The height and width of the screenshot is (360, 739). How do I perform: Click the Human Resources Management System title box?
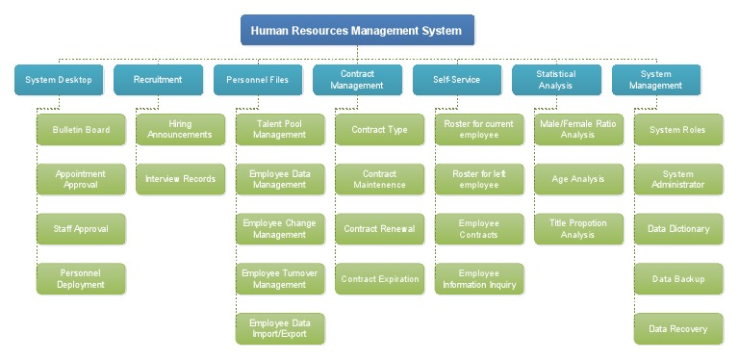[x=357, y=31]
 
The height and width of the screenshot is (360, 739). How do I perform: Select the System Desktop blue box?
[x=58, y=80]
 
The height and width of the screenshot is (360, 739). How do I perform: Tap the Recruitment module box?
[x=158, y=80]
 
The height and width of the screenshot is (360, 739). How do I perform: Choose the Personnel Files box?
[x=257, y=80]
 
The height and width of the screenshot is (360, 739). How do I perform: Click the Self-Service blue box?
[x=456, y=80]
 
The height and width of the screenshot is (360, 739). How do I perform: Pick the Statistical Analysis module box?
[x=556, y=80]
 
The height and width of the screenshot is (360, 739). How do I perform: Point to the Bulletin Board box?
[x=81, y=130]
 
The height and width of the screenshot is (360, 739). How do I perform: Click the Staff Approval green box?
[x=81, y=229]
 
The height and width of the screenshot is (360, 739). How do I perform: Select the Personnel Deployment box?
[x=81, y=279]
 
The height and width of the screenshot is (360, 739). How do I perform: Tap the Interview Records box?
[x=180, y=179]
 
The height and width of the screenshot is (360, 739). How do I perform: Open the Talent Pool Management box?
[x=280, y=130]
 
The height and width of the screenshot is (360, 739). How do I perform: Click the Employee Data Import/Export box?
[x=280, y=329]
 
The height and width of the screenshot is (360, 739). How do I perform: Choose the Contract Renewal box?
[x=379, y=229]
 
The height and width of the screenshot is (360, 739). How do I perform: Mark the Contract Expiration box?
[x=379, y=279]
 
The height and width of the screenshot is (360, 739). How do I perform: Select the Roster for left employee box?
[x=479, y=179]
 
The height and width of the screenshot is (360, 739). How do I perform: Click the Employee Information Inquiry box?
[x=479, y=279]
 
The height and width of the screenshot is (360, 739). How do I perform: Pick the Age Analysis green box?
[x=578, y=179]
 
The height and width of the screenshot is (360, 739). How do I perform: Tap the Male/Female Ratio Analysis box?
[x=578, y=130]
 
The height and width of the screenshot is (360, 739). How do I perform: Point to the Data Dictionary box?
[x=678, y=229]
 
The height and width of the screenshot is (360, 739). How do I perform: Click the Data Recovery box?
[x=678, y=329]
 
